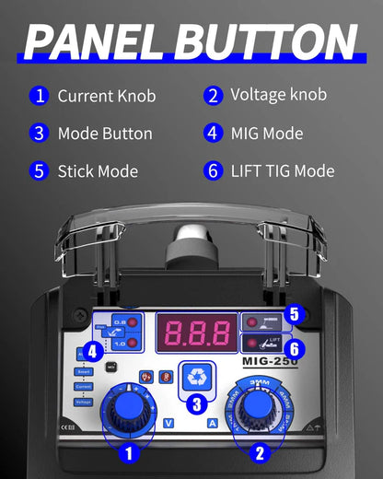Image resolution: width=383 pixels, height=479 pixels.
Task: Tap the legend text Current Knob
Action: [x=107, y=96]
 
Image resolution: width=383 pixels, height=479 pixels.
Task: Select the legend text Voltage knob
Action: [x=278, y=95]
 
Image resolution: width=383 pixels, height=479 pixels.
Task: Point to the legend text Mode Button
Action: [x=105, y=134]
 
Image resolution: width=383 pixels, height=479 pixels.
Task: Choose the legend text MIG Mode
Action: [x=267, y=134]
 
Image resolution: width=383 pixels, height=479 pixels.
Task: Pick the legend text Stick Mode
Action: [x=98, y=171]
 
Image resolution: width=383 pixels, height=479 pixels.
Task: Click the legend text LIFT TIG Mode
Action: [x=282, y=171]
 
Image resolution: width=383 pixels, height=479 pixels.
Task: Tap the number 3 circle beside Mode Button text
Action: [x=39, y=134]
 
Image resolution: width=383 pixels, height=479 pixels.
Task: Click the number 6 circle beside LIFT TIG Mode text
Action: [x=213, y=171]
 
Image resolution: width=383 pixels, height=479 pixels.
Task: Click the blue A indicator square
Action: [x=213, y=423]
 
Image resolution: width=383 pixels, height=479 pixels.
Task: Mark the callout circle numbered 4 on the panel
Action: [x=92, y=351]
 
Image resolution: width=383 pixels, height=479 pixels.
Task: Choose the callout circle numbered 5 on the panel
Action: [x=294, y=314]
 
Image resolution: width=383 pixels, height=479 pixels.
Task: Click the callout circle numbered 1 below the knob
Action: [x=129, y=452]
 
